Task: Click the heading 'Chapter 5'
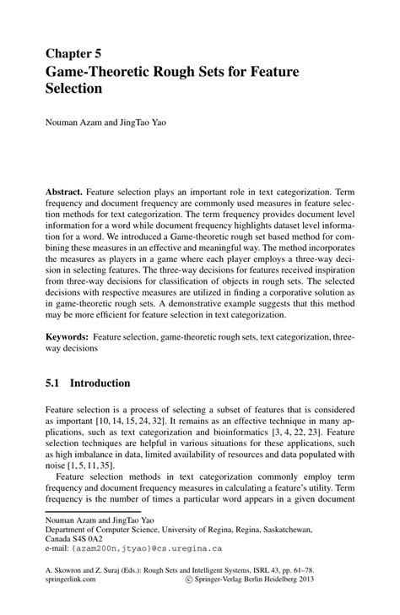pos(76,56)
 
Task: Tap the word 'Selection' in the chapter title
pos(74,89)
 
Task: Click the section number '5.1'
pos(53,383)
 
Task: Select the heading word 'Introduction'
pos(100,383)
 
